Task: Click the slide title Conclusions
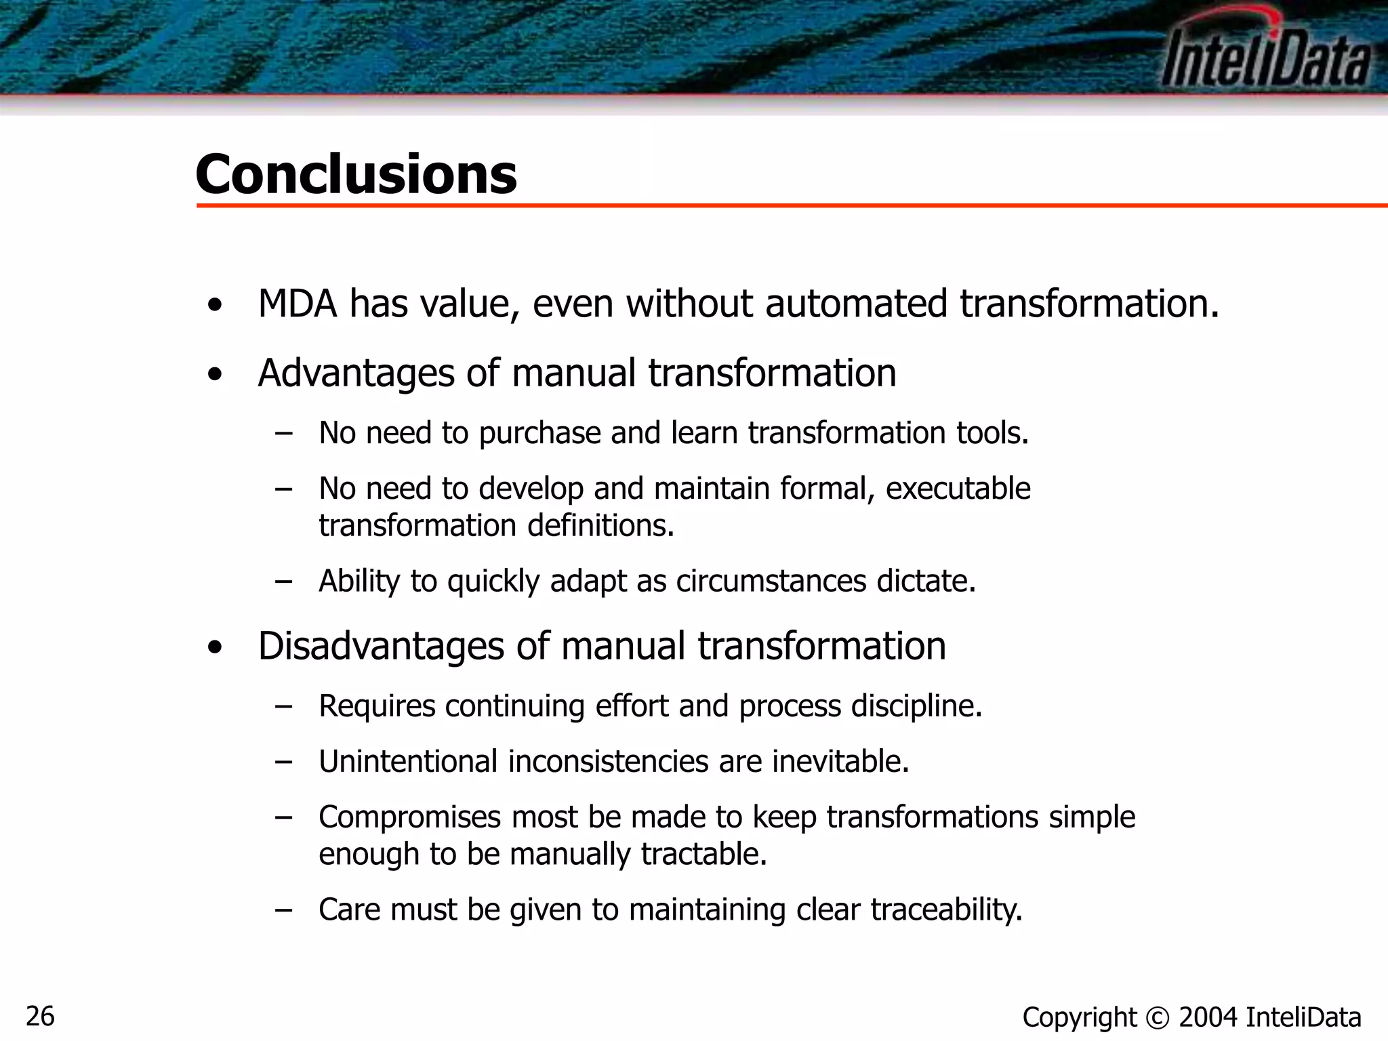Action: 356,174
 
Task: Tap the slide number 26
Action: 40,1017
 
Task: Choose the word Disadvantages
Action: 381,646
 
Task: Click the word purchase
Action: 539,434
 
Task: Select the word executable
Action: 958,489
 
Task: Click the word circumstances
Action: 771,581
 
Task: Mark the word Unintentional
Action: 408,762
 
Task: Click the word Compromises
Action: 410,817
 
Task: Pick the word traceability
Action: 946,910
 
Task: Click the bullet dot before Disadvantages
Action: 215,648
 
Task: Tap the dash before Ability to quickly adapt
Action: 284,581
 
